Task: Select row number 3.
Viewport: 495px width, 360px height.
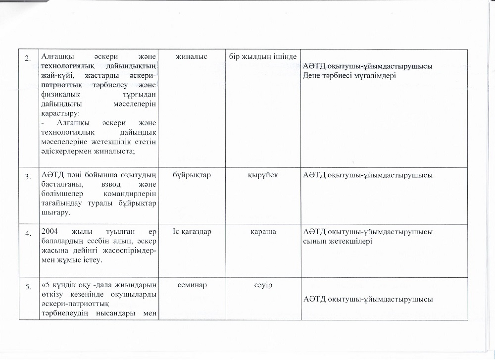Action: point(28,176)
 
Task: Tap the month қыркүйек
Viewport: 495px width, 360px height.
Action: point(262,176)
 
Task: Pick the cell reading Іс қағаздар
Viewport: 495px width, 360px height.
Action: point(193,232)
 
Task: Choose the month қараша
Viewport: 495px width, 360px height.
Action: point(262,232)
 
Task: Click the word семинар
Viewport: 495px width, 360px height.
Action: point(191,285)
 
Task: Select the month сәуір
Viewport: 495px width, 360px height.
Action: point(262,285)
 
